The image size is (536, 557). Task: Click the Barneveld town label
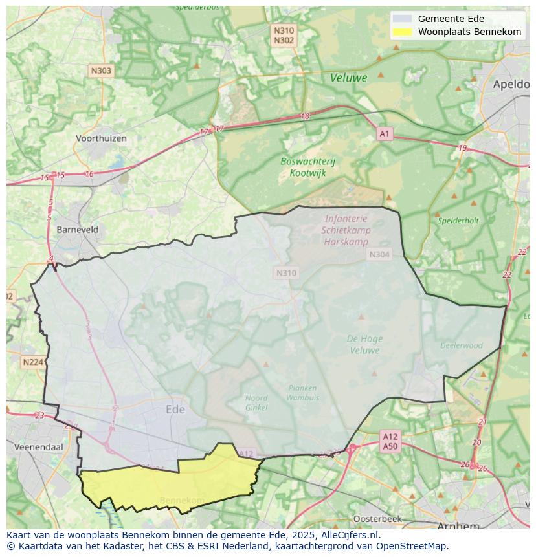tap(78, 229)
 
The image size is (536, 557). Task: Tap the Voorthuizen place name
tap(100, 138)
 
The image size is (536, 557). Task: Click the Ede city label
tap(175, 410)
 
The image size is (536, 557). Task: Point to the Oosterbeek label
tap(377, 519)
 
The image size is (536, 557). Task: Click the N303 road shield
tap(101, 71)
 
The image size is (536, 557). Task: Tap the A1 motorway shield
tap(385, 134)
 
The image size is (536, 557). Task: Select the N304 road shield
tap(379, 255)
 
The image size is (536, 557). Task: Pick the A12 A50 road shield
tap(390, 441)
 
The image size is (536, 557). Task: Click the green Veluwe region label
tap(348, 78)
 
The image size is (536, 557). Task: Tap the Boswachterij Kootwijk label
tap(307, 167)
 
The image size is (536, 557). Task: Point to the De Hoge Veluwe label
tap(364, 344)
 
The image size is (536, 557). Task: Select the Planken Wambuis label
tap(302, 393)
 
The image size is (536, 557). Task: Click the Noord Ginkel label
tap(256, 402)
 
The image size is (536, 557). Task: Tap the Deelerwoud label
tap(461, 345)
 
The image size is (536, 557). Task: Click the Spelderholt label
tap(458, 221)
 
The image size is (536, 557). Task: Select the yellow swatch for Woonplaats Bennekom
tap(402, 32)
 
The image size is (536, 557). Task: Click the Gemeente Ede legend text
tap(451, 19)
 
